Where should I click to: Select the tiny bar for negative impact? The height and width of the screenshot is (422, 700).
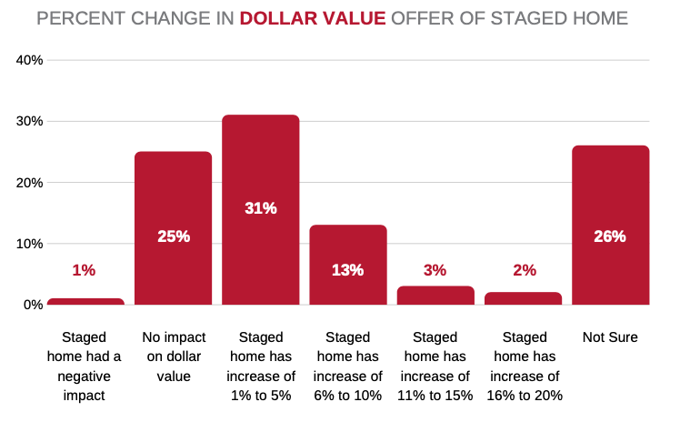point(85,301)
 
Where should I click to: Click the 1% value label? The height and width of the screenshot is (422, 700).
point(84,270)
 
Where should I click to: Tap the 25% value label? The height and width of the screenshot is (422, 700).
point(173,236)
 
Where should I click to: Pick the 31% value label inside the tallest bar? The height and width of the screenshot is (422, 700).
point(260,208)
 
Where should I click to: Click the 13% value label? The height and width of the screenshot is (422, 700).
point(347,270)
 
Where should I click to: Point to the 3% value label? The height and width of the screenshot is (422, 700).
point(435,270)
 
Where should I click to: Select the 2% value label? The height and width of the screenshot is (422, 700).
point(524,270)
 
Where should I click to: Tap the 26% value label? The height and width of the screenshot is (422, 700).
point(610,236)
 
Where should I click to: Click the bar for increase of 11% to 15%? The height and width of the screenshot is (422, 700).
point(435,296)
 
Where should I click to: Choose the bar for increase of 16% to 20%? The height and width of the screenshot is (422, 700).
point(524,298)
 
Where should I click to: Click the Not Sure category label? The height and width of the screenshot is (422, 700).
point(610,337)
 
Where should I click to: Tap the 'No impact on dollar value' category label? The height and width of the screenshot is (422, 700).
point(173,357)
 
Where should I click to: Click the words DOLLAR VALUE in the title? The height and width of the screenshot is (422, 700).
point(313,18)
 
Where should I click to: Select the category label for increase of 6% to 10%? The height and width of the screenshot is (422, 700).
point(347,367)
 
